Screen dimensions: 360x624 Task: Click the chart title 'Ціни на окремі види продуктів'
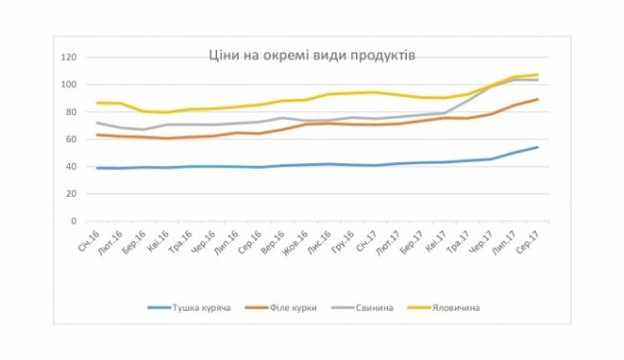(x=312, y=55)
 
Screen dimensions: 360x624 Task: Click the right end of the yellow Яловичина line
(x=538, y=74)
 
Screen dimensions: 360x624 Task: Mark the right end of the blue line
(x=538, y=147)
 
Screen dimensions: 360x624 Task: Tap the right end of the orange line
(x=538, y=99)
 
